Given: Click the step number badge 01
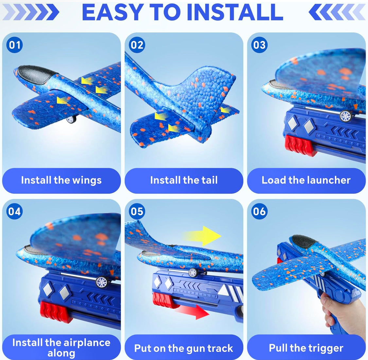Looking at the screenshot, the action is pos(14,45).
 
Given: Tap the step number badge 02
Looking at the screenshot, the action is pos(137,45).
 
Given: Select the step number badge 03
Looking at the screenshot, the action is pos(259,45).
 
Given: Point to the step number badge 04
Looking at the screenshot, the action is pos(14,211).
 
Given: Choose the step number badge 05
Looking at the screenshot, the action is pos(137,211).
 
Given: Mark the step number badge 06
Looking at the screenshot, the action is pos(259,211).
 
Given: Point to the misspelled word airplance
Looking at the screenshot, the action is pos(87,343).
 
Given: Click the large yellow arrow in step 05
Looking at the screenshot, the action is pos(202,236).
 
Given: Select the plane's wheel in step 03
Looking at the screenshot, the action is pos(346,116).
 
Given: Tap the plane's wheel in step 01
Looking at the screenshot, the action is pos(71,119).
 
